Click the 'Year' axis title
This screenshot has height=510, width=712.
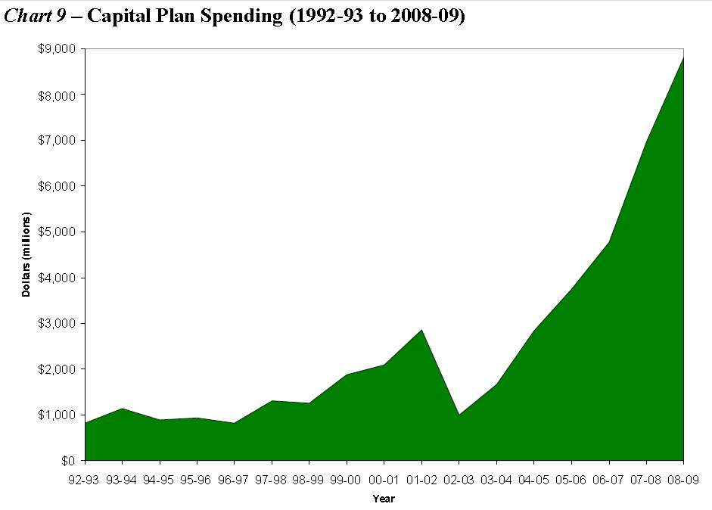[x=384, y=499]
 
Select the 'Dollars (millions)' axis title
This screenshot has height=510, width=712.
[x=26, y=254]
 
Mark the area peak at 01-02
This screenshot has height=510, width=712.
[x=421, y=330]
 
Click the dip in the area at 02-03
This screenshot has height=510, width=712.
[x=459, y=415]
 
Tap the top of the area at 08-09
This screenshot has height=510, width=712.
[x=683, y=58]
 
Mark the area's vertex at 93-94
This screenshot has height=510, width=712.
[x=123, y=409]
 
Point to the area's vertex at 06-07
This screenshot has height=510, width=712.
[x=608, y=242]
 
